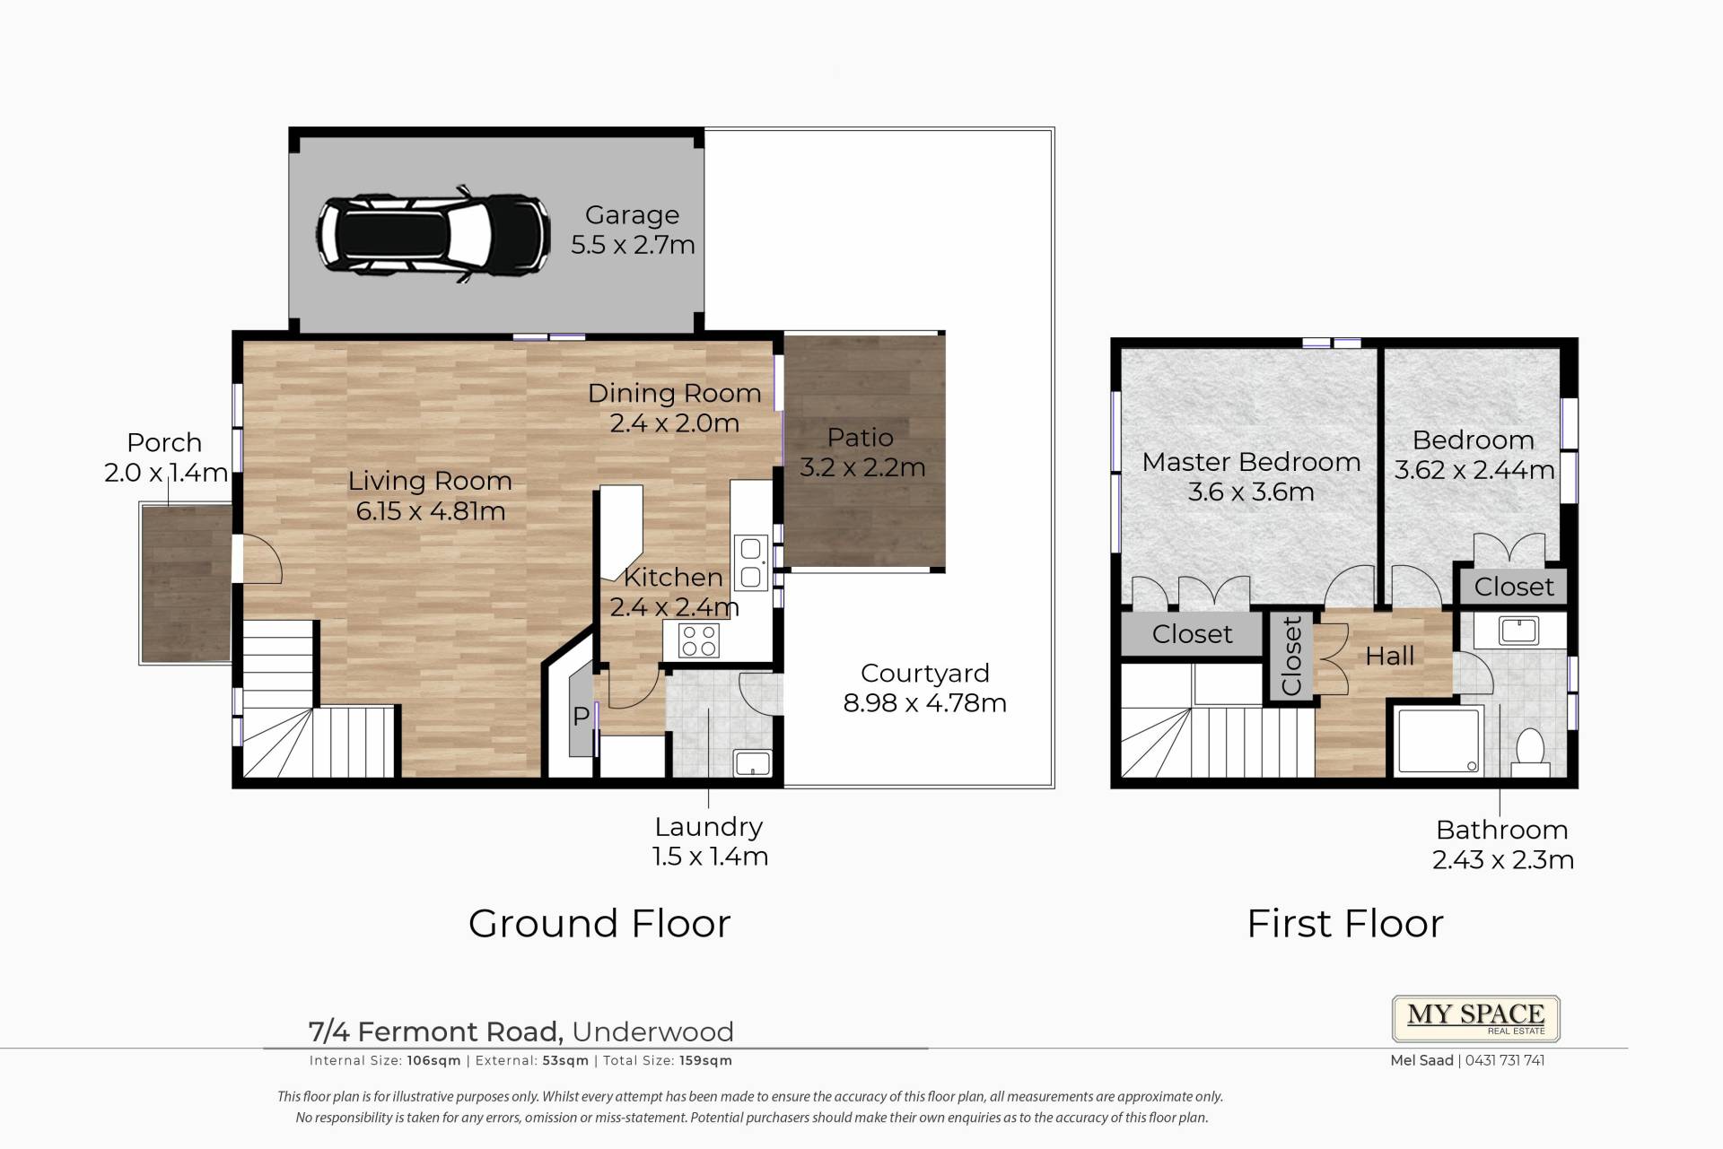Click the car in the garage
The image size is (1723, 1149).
point(433,234)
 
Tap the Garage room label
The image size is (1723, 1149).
point(632,215)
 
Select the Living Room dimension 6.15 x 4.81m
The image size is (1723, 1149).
point(431,511)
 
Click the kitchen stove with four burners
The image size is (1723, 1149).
point(699,640)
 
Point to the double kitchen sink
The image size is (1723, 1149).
point(751,562)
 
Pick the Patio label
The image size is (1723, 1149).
point(860,438)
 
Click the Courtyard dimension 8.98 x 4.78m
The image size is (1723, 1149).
point(924,703)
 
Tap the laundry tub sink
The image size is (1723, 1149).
point(752,763)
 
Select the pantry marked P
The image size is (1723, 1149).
point(581,715)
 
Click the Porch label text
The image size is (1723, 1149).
point(164,443)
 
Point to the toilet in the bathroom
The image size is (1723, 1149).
point(1530,752)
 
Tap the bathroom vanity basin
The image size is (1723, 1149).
point(1517,631)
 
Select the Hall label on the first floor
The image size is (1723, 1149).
point(1389,657)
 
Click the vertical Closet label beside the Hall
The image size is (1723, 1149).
point(1290,656)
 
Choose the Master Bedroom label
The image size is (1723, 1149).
point(1251,462)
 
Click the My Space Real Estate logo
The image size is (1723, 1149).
point(1475,1018)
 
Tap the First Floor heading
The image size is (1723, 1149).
point(1345,924)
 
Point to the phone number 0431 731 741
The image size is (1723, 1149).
point(1503,1060)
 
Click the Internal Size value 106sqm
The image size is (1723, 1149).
point(433,1060)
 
